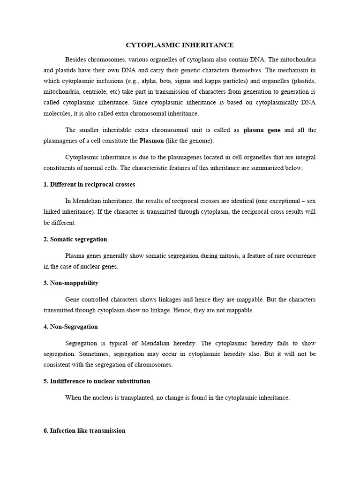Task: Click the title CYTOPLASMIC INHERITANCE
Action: click(x=180, y=45)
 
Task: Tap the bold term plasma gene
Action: click(x=262, y=130)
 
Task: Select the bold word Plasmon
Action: click(x=151, y=141)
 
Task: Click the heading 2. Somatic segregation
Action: click(x=75, y=239)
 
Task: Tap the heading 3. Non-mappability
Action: click(x=71, y=283)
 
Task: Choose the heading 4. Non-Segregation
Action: click(x=70, y=327)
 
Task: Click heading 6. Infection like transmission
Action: click(x=84, y=430)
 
